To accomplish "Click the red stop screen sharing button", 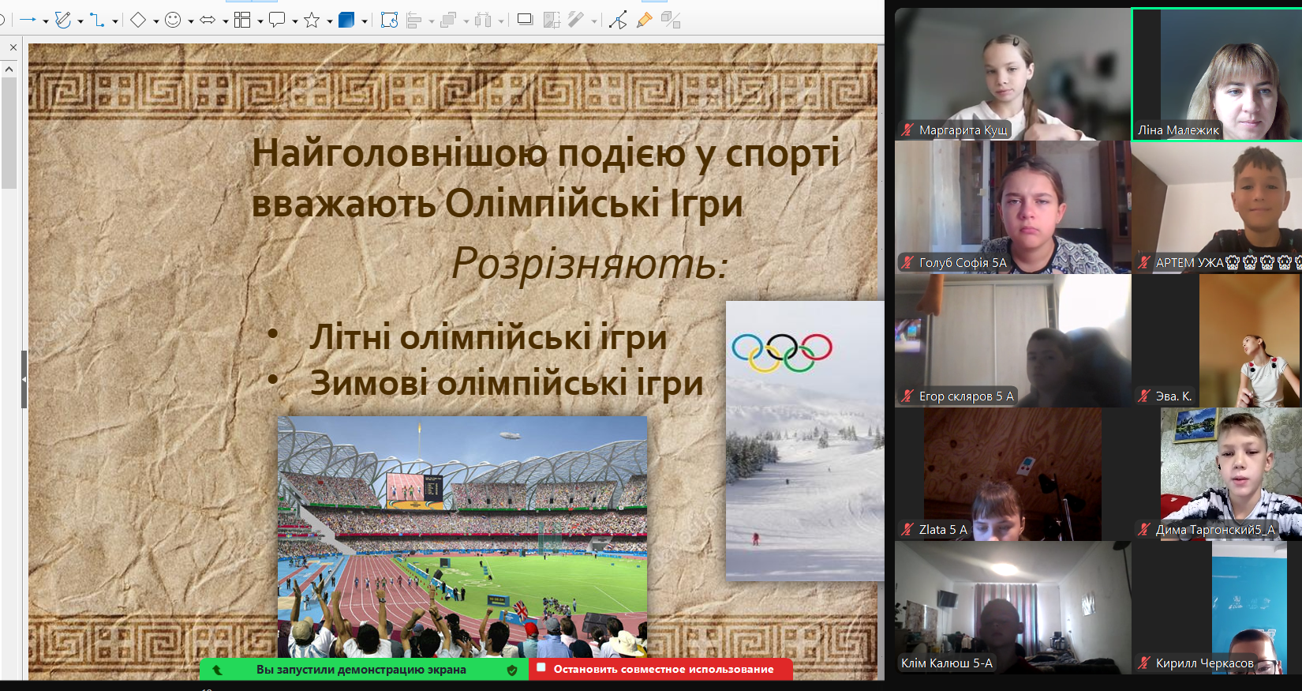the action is pyautogui.click(x=661, y=669).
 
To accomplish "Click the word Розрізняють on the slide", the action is pyautogui.click(x=590, y=263).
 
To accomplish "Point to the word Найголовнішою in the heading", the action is pyautogui.click(x=399, y=153).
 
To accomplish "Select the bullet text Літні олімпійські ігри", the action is pyautogui.click(x=488, y=337).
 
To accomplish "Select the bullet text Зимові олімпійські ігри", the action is pyautogui.click(x=507, y=383).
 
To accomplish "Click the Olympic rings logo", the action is pyautogui.click(x=782, y=352).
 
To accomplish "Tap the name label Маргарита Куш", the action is pyautogui.click(x=963, y=130).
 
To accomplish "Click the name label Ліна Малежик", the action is pyautogui.click(x=1178, y=130).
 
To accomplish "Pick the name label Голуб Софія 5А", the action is pyautogui.click(x=963, y=263).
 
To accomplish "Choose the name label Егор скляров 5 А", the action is pyautogui.click(x=967, y=396).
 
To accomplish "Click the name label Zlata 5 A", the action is pyautogui.click(x=944, y=529).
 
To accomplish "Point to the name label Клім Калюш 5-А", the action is pyautogui.click(x=947, y=663).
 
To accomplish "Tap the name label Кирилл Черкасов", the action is pyautogui.click(x=1205, y=663).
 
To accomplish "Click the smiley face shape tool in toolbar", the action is pyautogui.click(x=173, y=21).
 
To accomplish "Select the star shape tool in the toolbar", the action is pyautogui.click(x=312, y=21).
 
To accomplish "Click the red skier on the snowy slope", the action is pyautogui.click(x=756, y=539).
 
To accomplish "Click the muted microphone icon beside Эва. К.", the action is pyautogui.click(x=1144, y=396).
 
